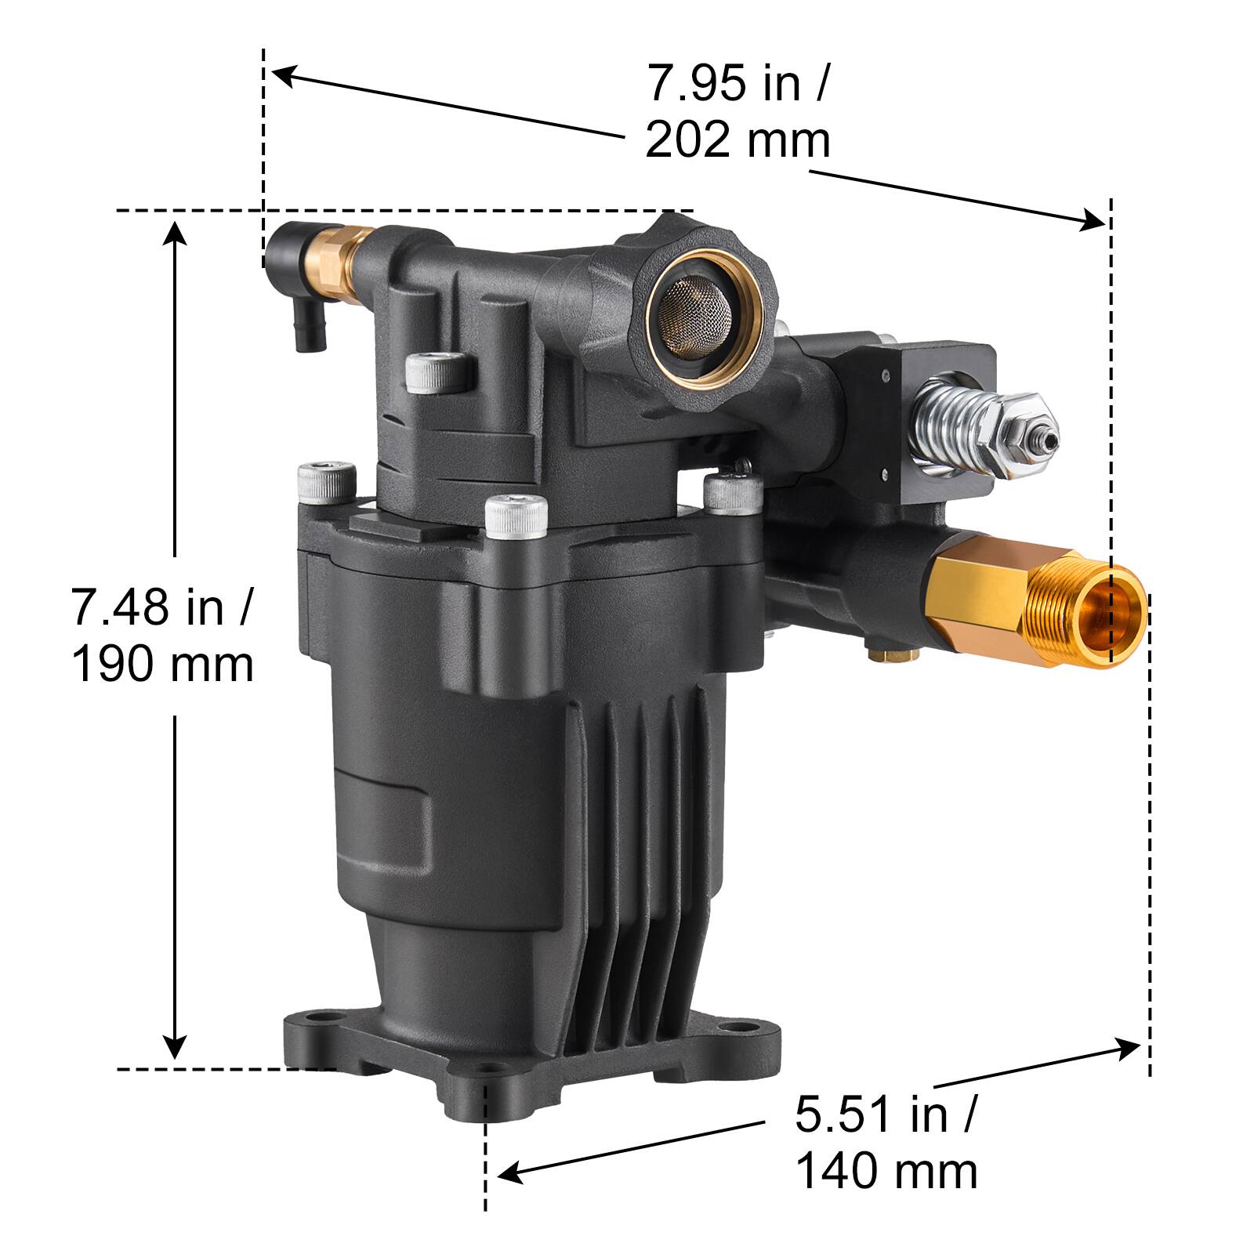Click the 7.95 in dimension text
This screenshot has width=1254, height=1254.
pyautogui.click(x=735, y=83)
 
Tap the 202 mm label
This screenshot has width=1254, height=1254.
pyautogui.click(x=737, y=141)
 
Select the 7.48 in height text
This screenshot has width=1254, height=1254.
pyautogui.click(x=161, y=607)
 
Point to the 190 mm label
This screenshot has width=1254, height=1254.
pyautogui.click(x=163, y=665)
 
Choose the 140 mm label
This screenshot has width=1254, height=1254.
pyautogui.click(x=886, y=1172)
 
